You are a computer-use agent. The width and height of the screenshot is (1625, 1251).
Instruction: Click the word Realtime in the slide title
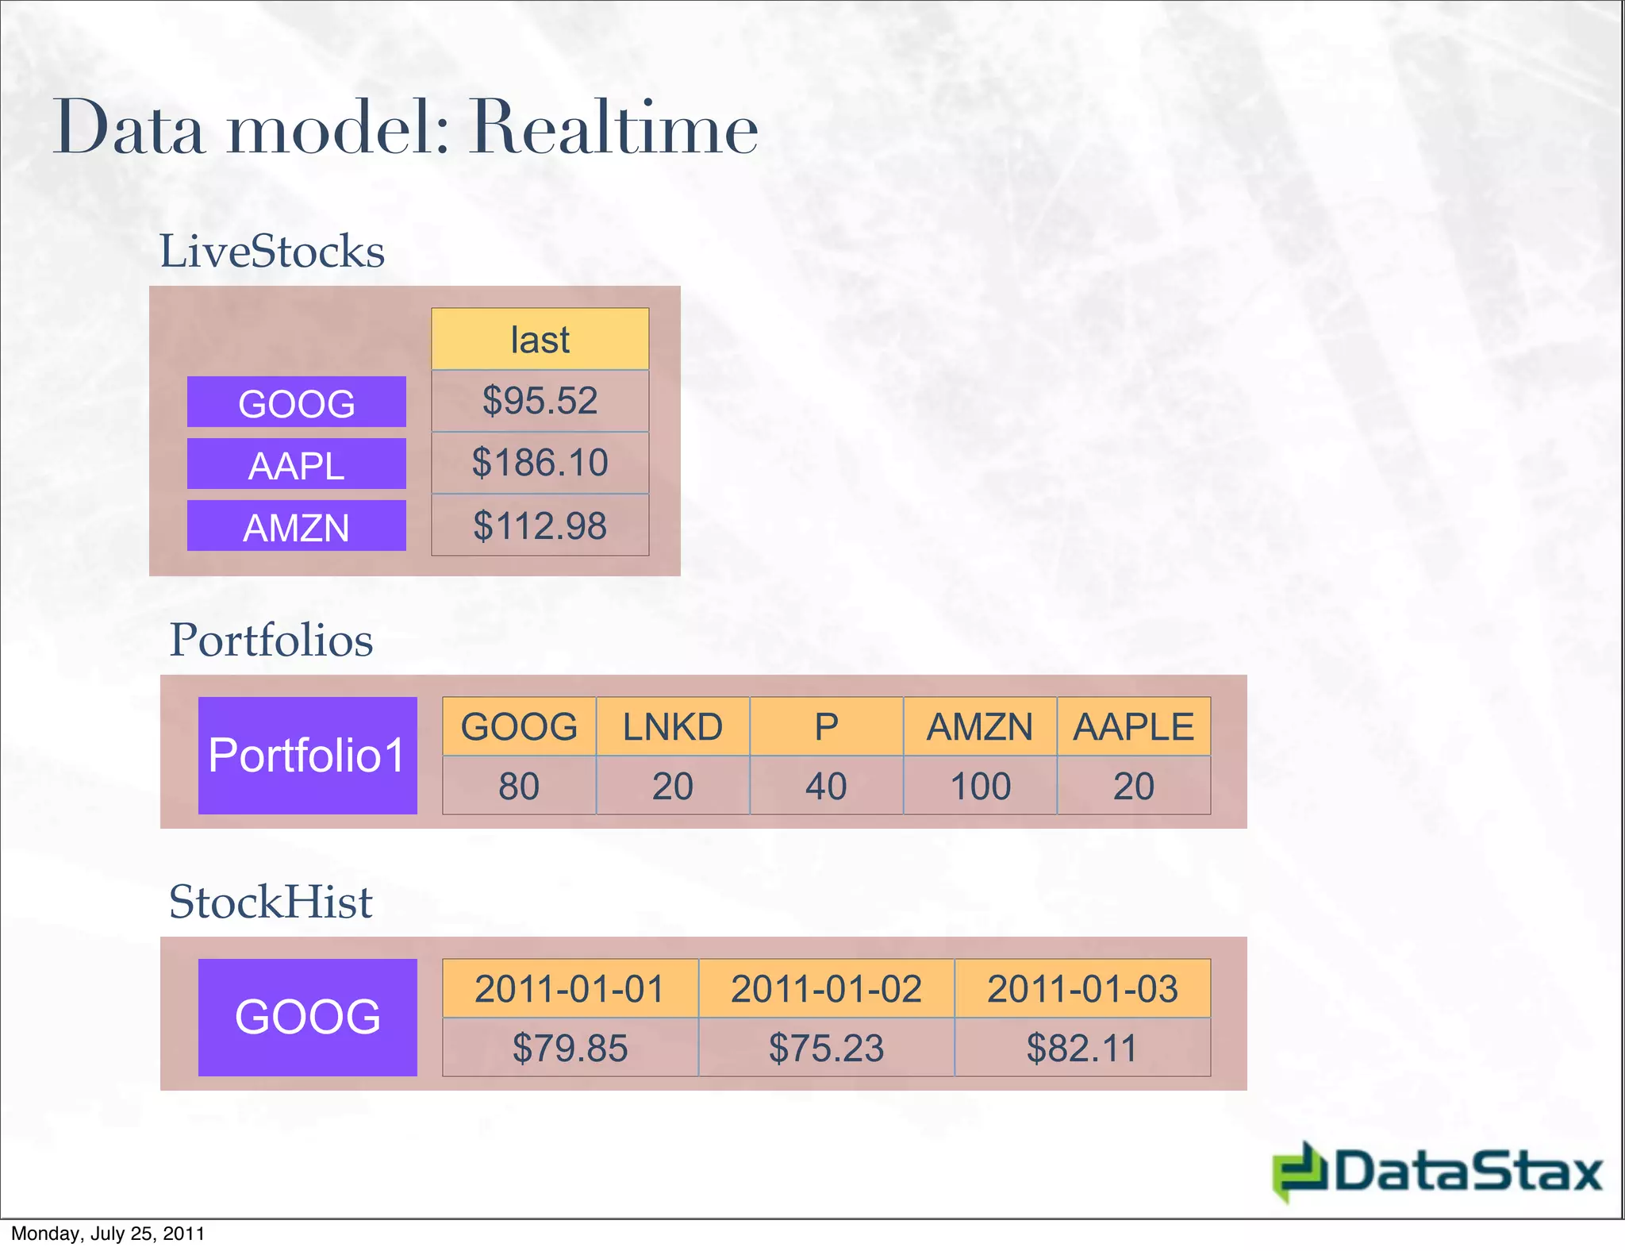[x=613, y=129]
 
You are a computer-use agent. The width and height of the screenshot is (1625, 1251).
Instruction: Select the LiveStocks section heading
[x=272, y=252]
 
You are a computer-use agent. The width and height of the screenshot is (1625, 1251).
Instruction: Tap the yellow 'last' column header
[x=540, y=340]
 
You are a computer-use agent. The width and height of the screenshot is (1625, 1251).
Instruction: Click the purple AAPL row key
[x=296, y=464]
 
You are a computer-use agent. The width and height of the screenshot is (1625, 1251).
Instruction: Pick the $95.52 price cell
[x=540, y=401]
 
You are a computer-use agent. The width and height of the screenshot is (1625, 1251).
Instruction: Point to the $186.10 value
[x=540, y=463]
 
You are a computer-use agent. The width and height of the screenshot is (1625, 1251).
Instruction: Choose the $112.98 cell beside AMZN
[x=540, y=525]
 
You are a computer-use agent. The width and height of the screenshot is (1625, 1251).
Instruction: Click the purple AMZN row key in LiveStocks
[x=296, y=526]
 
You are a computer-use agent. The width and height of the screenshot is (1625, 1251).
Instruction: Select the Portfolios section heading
[x=271, y=640]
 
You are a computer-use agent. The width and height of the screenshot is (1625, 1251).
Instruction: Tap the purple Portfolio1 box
[x=307, y=755]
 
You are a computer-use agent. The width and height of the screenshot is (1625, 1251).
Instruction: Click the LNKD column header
[x=672, y=727]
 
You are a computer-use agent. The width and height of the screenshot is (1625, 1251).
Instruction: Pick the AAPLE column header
[x=1133, y=727]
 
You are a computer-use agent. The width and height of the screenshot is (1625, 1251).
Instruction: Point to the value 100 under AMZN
[x=980, y=786]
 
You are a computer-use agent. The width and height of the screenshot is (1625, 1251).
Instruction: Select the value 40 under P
[x=826, y=786]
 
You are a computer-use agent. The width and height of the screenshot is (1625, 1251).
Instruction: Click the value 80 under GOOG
[x=519, y=786]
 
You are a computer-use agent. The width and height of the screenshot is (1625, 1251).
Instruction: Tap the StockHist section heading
[x=271, y=903]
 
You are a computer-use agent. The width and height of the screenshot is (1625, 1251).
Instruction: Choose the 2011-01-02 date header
[x=826, y=989]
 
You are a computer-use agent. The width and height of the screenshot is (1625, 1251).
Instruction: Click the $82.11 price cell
[x=1081, y=1048]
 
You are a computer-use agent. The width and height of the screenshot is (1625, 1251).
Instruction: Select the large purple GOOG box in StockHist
[x=307, y=1017]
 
